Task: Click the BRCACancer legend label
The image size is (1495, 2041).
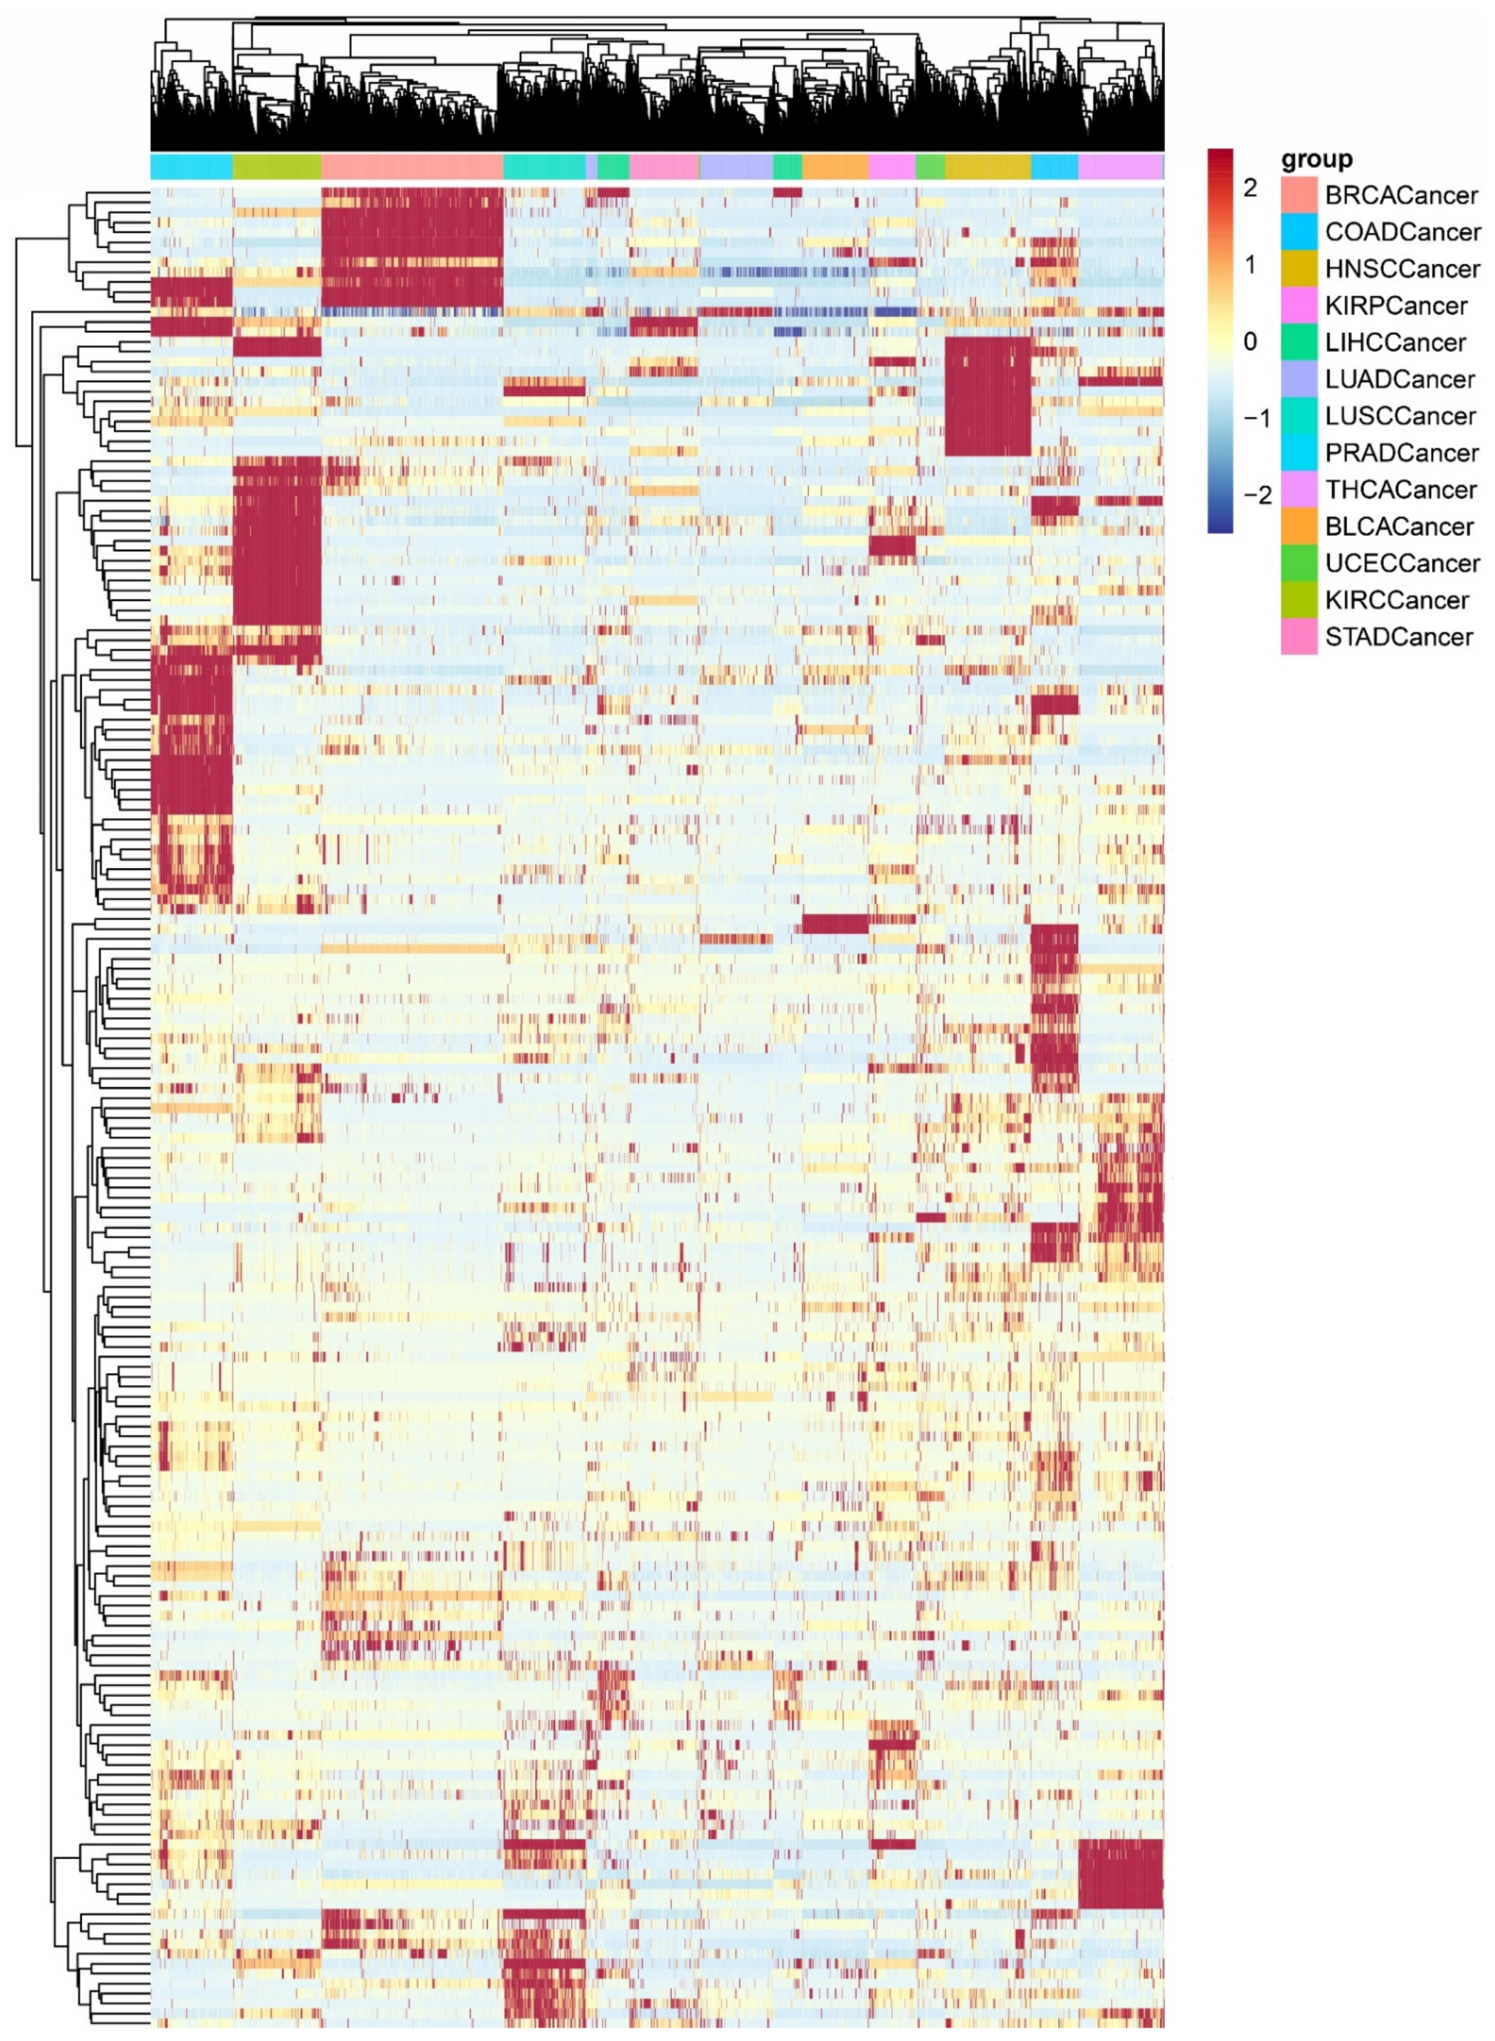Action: (x=1401, y=196)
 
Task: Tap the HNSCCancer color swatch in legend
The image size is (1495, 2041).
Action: (x=1299, y=269)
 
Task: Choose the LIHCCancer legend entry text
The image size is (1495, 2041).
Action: (x=1395, y=343)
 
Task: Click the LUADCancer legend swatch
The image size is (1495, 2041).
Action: (x=1299, y=379)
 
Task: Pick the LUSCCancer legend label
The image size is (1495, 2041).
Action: (x=1400, y=416)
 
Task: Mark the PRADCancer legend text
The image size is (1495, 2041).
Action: (x=1402, y=453)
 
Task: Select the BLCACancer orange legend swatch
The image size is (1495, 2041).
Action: (x=1299, y=526)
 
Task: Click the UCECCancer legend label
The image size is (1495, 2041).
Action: (x=1402, y=563)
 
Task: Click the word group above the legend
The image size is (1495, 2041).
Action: (x=1316, y=160)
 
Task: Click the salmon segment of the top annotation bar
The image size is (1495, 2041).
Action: (x=412, y=166)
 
